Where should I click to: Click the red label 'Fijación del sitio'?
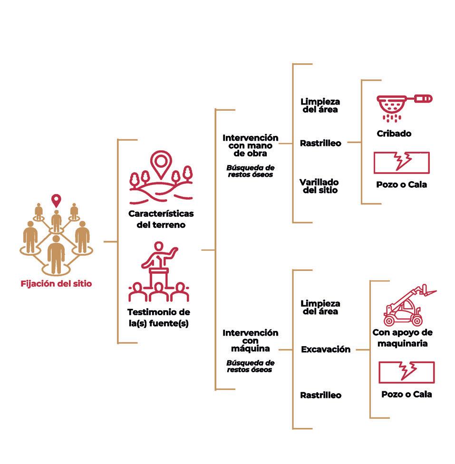[x=56, y=284]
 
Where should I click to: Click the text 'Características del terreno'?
[x=161, y=219]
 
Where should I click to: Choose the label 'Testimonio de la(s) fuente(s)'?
[x=159, y=318]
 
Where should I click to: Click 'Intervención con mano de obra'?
[x=250, y=145]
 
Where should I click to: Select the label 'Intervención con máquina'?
[x=250, y=341]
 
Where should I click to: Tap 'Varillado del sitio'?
[x=319, y=186]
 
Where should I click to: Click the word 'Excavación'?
[x=326, y=349]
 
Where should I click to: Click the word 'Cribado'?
[x=394, y=134]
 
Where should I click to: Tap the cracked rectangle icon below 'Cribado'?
[x=402, y=163]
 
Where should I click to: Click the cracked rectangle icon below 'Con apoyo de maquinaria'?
[x=406, y=372]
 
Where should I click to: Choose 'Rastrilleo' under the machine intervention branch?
[x=320, y=395]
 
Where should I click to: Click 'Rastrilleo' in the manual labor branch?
[x=320, y=143]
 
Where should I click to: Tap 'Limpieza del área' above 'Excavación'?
[x=320, y=307]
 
